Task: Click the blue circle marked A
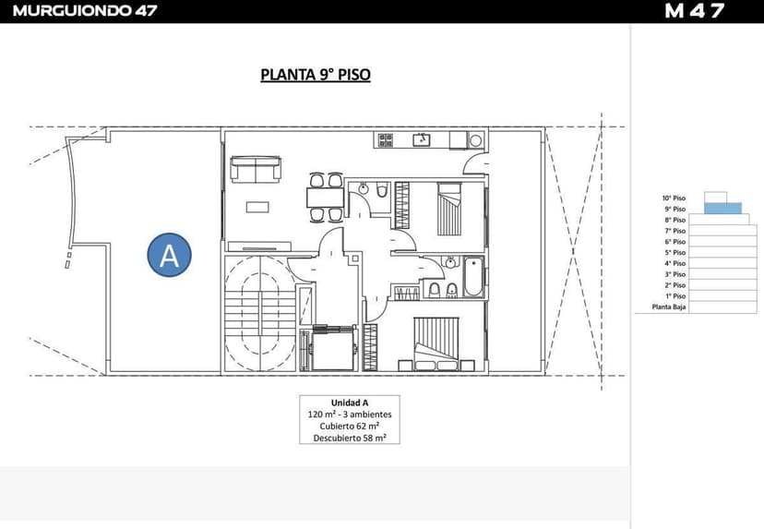pyautogui.click(x=169, y=254)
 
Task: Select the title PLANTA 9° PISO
pyautogui.click(x=316, y=75)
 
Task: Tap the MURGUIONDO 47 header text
pyautogui.click(x=85, y=11)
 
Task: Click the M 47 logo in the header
pyautogui.click(x=694, y=11)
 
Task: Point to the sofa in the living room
pyautogui.click(x=256, y=168)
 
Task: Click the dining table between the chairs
pyautogui.click(x=325, y=197)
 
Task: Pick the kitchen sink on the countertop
pyautogui.click(x=422, y=139)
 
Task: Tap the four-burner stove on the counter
pyautogui.click(x=385, y=139)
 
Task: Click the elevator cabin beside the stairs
pyautogui.click(x=332, y=348)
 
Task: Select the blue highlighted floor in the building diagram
pyautogui.click(x=722, y=209)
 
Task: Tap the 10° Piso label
pyautogui.click(x=674, y=198)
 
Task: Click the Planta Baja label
pyautogui.click(x=669, y=307)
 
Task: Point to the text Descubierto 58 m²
pyautogui.click(x=350, y=439)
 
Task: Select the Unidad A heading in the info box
pyautogui.click(x=350, y=403)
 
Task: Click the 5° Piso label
pyautogui.click(x=674, y=252)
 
